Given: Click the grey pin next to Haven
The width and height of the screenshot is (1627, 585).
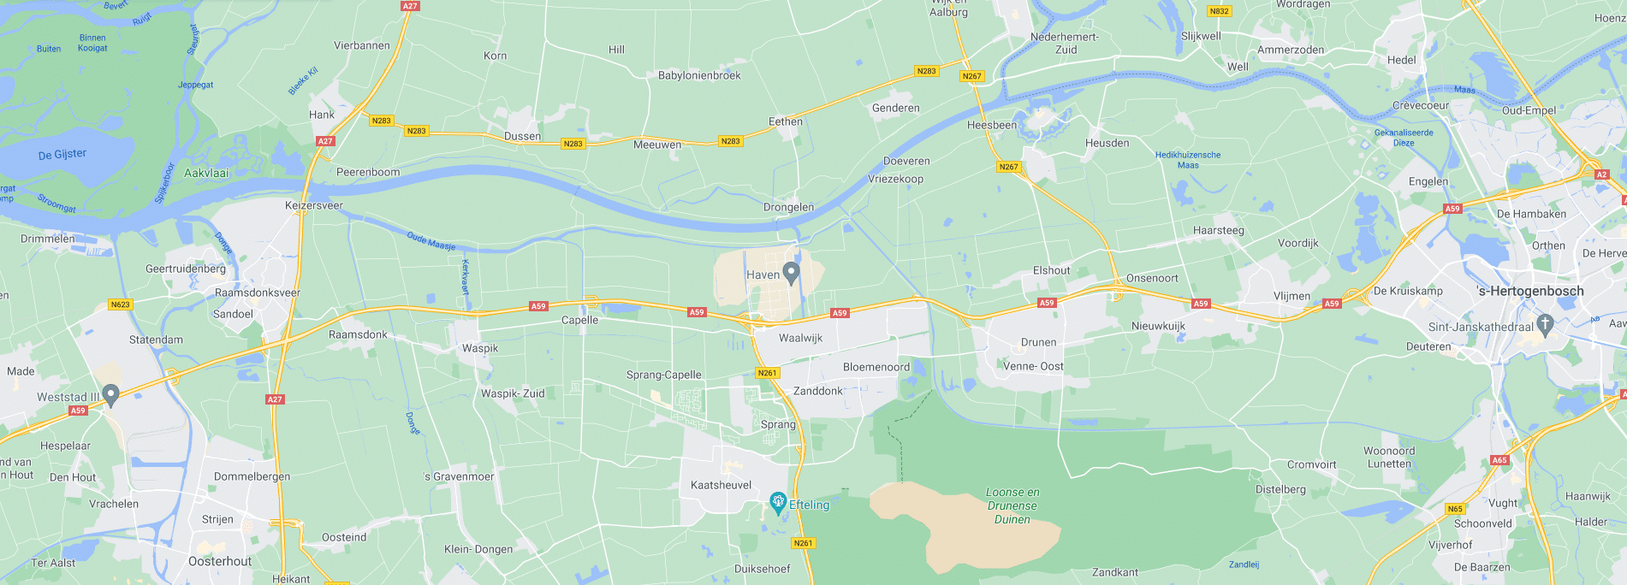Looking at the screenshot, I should [791, 273].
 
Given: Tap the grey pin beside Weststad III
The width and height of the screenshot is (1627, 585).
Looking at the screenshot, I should [110, 394].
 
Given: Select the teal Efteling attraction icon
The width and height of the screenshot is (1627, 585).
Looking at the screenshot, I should [778, 503].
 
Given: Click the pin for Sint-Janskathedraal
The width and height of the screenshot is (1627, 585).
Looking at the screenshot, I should [1545, 324].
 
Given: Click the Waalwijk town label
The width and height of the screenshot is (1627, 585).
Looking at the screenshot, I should [800, 338].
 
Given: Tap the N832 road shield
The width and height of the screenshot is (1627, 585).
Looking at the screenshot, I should [1219, 11].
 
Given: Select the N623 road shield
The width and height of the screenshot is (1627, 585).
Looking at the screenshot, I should [120, 304].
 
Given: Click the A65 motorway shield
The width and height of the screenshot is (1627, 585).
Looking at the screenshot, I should [1499, 460].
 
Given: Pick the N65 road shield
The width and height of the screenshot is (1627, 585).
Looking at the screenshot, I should [1455, 509].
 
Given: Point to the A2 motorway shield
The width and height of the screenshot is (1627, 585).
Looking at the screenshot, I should [1601, 174].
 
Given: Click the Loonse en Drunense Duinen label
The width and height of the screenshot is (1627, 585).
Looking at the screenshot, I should [1012, 505].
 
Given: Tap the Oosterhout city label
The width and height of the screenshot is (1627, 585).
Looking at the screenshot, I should [220, 561].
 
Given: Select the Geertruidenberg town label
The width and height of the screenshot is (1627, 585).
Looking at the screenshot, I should [186, 269].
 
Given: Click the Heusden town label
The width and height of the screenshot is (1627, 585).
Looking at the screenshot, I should [1107, 143].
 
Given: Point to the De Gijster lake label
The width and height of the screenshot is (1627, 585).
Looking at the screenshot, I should [62, 154].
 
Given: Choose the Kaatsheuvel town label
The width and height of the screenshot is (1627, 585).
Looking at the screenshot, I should [721, 485].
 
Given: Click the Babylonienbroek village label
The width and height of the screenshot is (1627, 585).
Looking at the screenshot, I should [699, 75].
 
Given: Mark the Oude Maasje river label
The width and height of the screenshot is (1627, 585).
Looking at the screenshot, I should [431, 240].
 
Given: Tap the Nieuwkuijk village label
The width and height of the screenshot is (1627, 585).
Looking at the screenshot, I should [1158, 326].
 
